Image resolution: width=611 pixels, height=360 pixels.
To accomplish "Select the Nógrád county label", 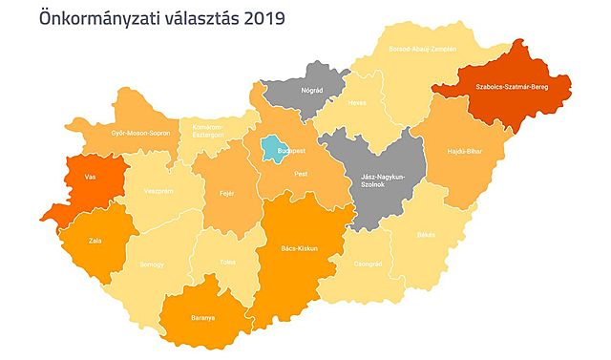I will tap(312, 92).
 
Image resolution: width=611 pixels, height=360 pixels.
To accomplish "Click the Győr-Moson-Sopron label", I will tap(140, 133).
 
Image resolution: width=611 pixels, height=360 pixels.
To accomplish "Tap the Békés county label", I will tap(426, 234).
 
